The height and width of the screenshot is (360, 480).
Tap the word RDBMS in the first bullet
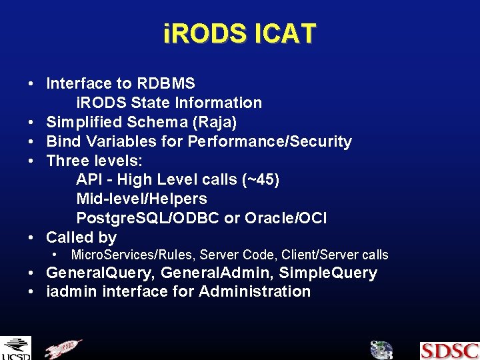[166, 83]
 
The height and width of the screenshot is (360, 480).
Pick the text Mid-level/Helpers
[141, 199]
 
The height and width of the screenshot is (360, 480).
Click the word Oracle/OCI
[285, 218]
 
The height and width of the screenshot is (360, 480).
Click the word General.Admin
[217, 273]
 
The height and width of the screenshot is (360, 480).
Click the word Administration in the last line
[255, 291]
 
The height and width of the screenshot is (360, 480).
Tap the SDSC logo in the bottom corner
[449, 350]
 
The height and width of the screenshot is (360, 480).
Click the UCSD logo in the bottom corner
[15, 349]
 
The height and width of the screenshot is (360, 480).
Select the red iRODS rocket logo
[63, 349]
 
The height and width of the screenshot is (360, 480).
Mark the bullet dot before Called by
[31, 237]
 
